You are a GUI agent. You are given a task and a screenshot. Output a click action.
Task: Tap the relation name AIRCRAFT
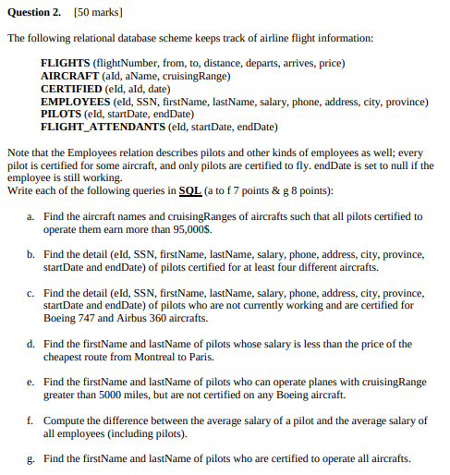click(x=71, y=75)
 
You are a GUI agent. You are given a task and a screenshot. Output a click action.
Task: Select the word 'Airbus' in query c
click(x=140, y=318)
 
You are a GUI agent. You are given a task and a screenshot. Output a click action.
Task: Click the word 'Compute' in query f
click(x=63, y=420)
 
